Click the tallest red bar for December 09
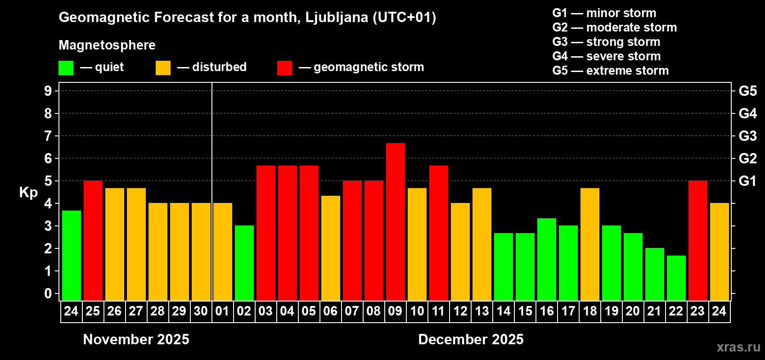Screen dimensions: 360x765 coord(395,221)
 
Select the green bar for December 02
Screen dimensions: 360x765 coord(244,263)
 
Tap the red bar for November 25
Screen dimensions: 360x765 coord(93,240)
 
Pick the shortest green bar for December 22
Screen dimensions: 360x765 coord(676,278)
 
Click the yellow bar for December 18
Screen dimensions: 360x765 coord(589,244)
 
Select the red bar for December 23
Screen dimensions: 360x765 coord(697,240)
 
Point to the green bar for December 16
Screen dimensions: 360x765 coord(546,259)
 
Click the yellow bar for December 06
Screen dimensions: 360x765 coord(330,248)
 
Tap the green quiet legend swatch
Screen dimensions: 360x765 coord(66,68)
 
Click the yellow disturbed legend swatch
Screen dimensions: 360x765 coord(163,68)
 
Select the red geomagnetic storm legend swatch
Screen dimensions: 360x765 coord(284,68)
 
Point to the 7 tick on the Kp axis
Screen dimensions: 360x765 coord(48,136)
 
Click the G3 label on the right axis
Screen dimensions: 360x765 coord(747,136)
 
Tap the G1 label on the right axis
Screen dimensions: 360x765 coord(747,181)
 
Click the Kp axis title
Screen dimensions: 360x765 coord(28,192)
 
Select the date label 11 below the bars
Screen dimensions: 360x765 coord(438,311)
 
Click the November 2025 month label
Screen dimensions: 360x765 coord(136,339)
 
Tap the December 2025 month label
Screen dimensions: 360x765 coord(471,339)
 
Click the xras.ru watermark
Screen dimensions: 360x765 coord(738,346)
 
